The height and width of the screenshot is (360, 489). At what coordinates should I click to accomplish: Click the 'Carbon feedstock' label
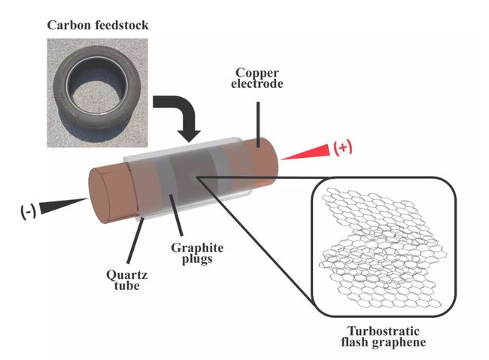point(97,26)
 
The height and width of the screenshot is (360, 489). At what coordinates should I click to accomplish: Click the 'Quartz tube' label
point(120,280)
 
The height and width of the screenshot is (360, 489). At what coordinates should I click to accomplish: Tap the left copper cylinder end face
point(105,198)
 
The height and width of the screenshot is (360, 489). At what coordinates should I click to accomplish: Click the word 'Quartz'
point(120,274)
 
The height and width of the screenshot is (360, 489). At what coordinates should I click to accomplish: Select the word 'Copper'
point(257,72)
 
